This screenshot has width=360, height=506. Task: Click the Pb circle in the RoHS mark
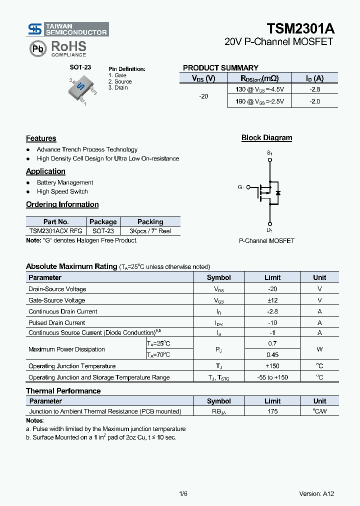[37, 48]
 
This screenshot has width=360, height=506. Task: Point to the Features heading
[41, 138]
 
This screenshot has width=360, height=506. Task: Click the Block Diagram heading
[266, 138]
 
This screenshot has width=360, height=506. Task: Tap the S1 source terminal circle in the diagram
[270, 160]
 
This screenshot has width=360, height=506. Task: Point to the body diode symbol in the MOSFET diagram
[278, 192]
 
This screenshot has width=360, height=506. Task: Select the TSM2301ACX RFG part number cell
[55, 231]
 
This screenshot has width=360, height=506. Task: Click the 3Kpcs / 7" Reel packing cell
[150, 231]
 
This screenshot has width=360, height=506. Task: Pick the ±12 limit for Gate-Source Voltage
[272, 300]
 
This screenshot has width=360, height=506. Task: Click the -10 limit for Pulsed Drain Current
[272, 322]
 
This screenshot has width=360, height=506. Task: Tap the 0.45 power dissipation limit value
[272, 355]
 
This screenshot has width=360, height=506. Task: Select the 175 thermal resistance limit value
[272, 411]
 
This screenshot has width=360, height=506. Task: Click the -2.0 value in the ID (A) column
[315, 101]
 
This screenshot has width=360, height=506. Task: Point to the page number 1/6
[183, 494]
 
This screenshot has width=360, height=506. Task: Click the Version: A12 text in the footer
[316, 494]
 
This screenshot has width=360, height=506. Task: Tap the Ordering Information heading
[62, 204]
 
